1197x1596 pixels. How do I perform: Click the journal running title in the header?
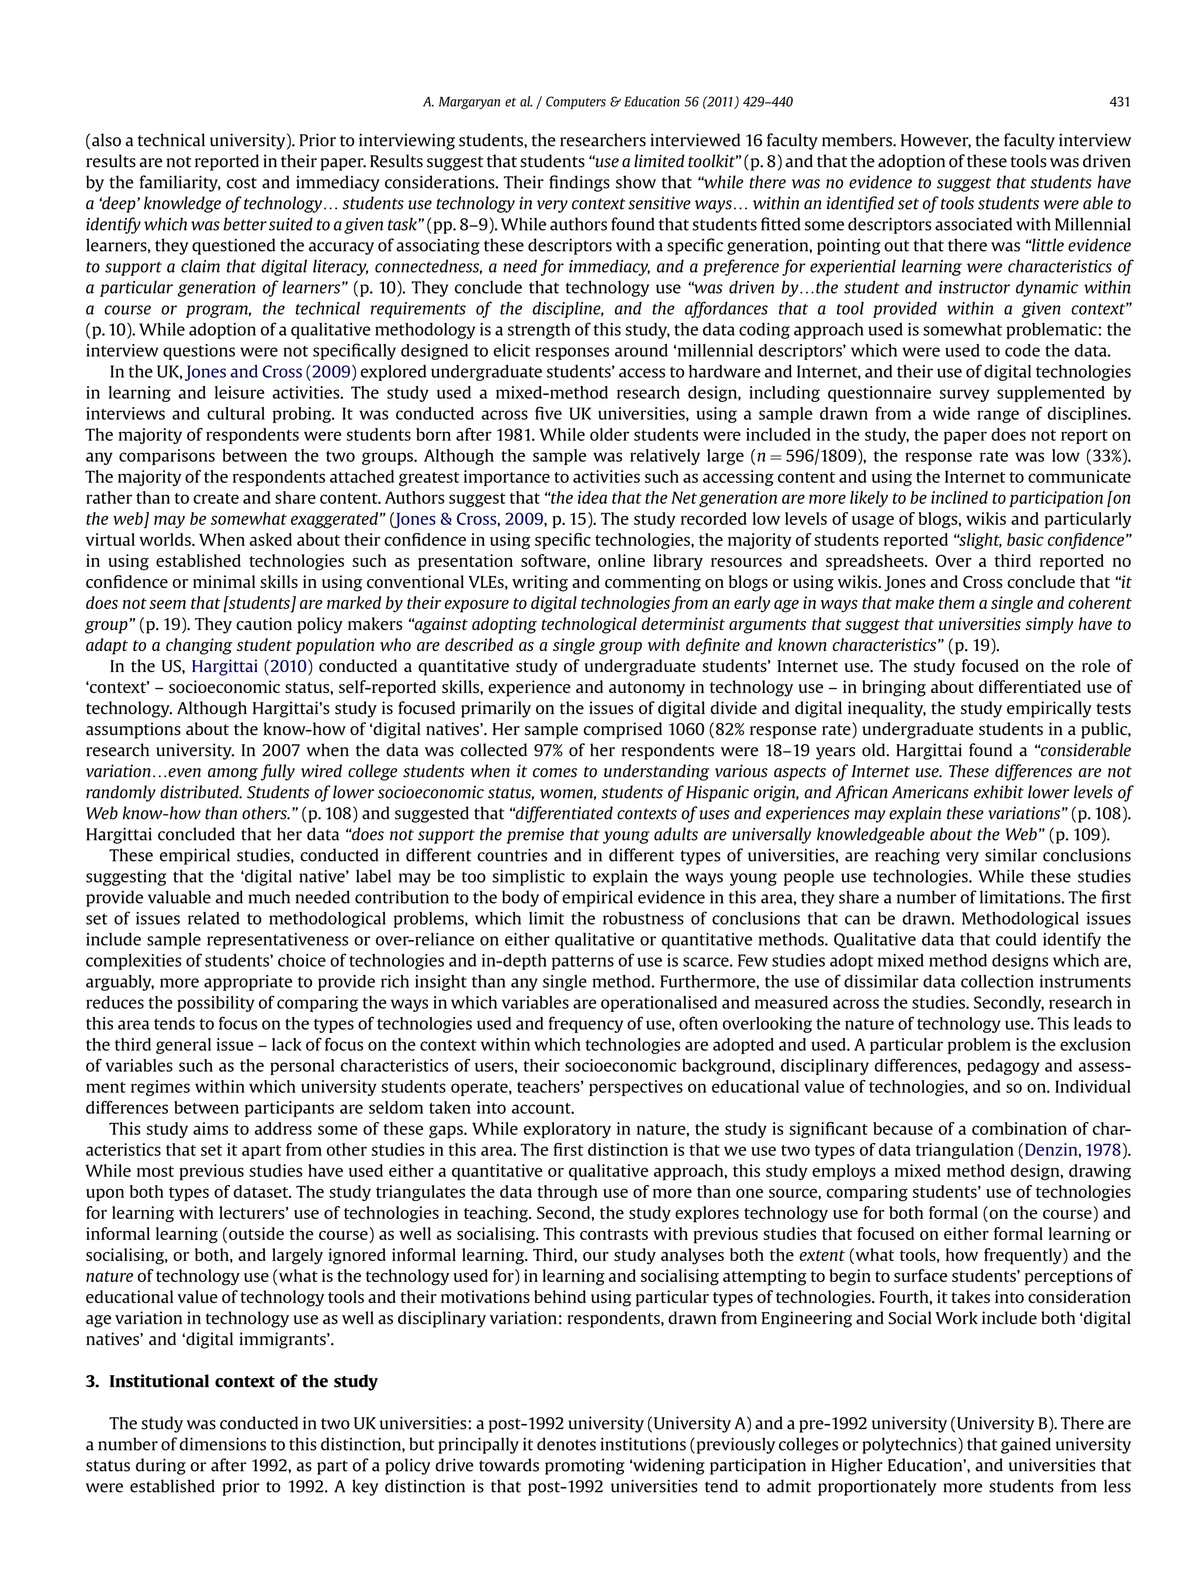(x=607, y=102)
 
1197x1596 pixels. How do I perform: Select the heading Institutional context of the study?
(x=243, y=1382)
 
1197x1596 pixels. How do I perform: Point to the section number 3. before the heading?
(x=92, y=1382)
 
